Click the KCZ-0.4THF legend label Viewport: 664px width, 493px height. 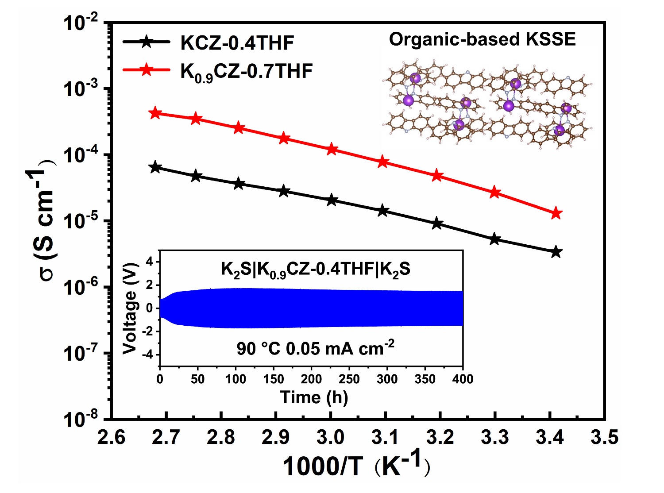point(237,43)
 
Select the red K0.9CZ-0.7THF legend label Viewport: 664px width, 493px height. point(246,71)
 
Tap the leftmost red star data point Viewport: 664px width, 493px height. point(155,113)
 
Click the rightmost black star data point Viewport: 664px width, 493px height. point(556,252)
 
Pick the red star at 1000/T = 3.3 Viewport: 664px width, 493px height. point(495,193)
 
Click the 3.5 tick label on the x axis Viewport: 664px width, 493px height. point(605,437)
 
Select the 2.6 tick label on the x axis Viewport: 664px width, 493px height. point(112,437)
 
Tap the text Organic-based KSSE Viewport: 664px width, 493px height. point(482,39)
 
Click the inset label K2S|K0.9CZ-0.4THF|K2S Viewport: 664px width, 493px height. point(315,269)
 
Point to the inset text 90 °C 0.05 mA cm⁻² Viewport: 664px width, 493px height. point(315,348)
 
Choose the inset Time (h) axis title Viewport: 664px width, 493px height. point(314,397)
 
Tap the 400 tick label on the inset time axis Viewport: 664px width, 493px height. point(463,379)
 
